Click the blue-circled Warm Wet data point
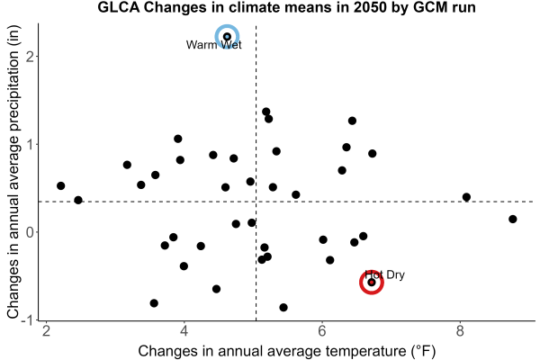tap(227, 37)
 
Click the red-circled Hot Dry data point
tap(372, 283)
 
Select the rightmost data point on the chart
tap(513, 219)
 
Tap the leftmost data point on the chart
tap(60, 186)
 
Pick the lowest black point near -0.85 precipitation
tap(283, 307)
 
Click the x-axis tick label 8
tap(460, 331)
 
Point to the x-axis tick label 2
tap(46, 331)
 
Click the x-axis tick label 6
tap(322, 331)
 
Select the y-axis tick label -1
tap(28, 320)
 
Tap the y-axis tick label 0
tap(31, 232)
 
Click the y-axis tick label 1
tap(31, 144)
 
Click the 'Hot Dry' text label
tap(384, 274)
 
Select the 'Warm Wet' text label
tap(214, 45)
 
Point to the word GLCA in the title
tap(119, 7)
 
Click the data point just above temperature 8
tap(466, 197)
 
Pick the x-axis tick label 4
tap(184, 331)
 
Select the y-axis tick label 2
tap(31, 56)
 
